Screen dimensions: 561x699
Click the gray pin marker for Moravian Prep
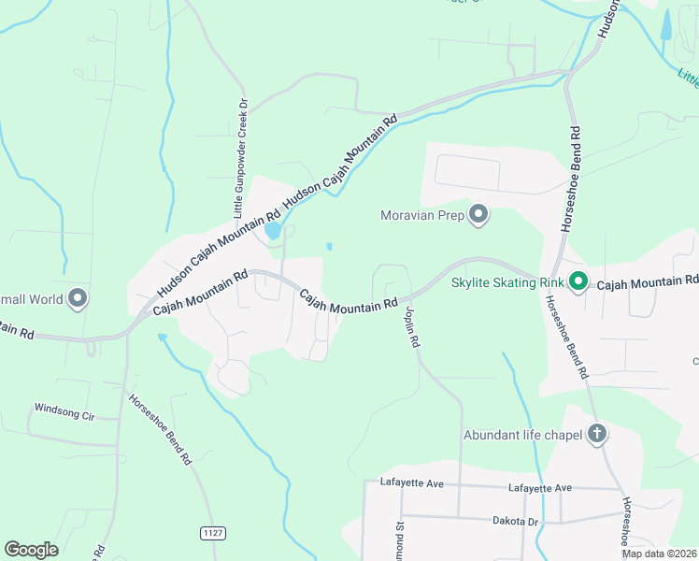coord(478,216)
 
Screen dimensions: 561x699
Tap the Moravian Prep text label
coord(422,216)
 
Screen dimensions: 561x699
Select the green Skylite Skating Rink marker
coord(578,280)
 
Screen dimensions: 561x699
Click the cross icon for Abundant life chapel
coord(597,434)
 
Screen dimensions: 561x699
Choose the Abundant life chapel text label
coord(522,435)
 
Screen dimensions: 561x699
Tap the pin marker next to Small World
coord(78,299)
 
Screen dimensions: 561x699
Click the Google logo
coord(31,550)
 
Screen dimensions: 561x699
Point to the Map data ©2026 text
coord(658,554)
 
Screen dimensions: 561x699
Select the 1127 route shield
coord(212,533)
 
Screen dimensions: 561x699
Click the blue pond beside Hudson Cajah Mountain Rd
coord(273,230)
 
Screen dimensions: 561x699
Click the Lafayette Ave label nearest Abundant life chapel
coord(539,488)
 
